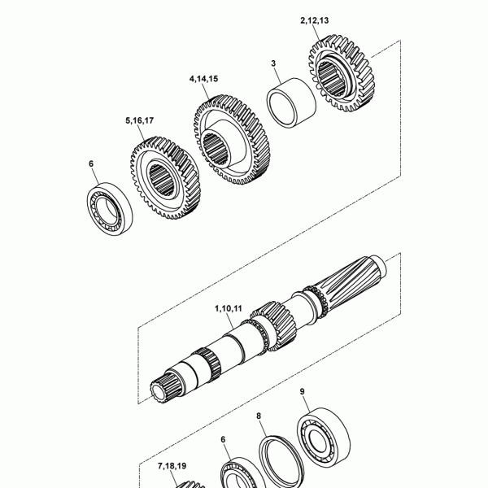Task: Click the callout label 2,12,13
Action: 314,20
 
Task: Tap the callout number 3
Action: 273,63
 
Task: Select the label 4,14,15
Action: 203,79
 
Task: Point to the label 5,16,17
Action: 139,120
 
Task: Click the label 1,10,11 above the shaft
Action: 228,309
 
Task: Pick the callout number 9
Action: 303,391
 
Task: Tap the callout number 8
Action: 259,416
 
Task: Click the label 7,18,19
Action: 172,466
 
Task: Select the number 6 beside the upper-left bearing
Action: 91,163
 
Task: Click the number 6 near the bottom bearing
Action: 223,439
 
